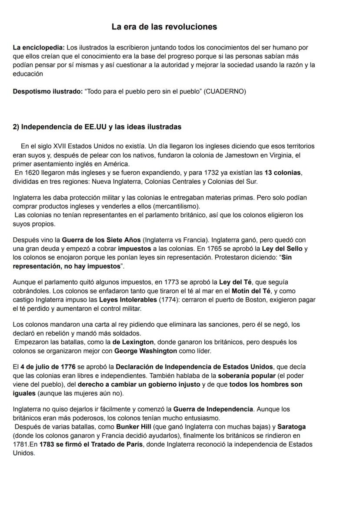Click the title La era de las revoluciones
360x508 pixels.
[x=164, y=27]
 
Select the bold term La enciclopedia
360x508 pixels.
[x=39, y=47]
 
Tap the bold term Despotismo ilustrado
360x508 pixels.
[x=47, y=92]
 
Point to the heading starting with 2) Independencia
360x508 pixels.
[x=97, y=127]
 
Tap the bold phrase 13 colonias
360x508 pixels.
[x=282, y=173]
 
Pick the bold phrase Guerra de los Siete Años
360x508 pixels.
[x=101, y=240]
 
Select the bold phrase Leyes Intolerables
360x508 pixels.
[x=127, y=300]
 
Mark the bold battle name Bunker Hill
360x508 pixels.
[x=133, y=427]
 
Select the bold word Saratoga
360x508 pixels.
[x=292, y=427]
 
